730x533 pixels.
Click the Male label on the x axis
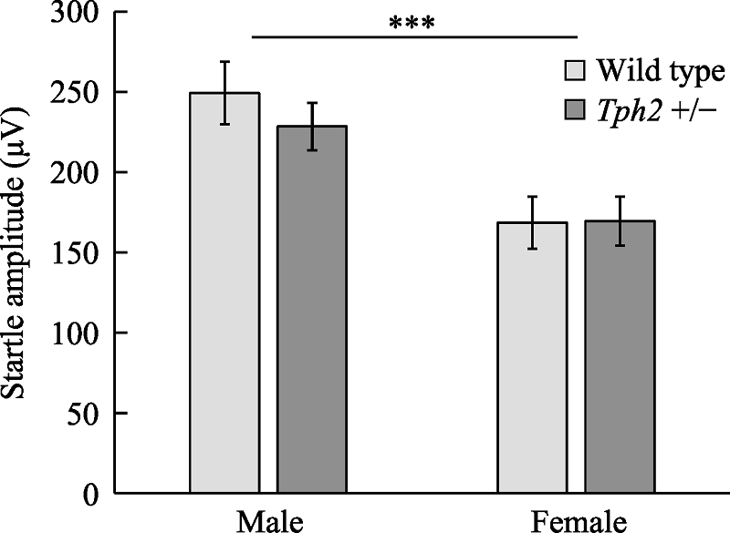tap(269, 520)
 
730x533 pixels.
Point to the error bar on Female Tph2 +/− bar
tap(620, 220)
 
